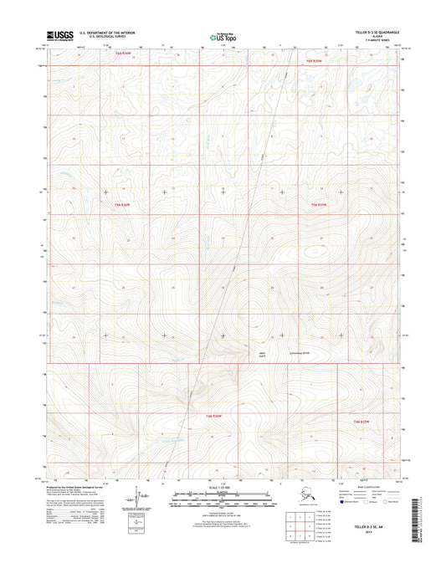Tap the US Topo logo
[x=222, y=36]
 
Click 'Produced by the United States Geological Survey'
[x=79, y=486]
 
